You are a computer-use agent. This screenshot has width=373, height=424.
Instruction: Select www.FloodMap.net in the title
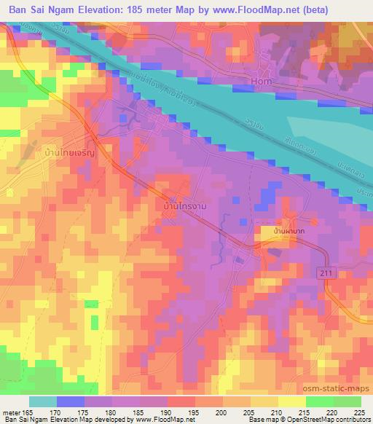(x=246, y=10)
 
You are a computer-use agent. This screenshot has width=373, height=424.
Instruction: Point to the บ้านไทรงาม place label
(x=179, y=207)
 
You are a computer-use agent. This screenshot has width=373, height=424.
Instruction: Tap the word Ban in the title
(x=16, y=10)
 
